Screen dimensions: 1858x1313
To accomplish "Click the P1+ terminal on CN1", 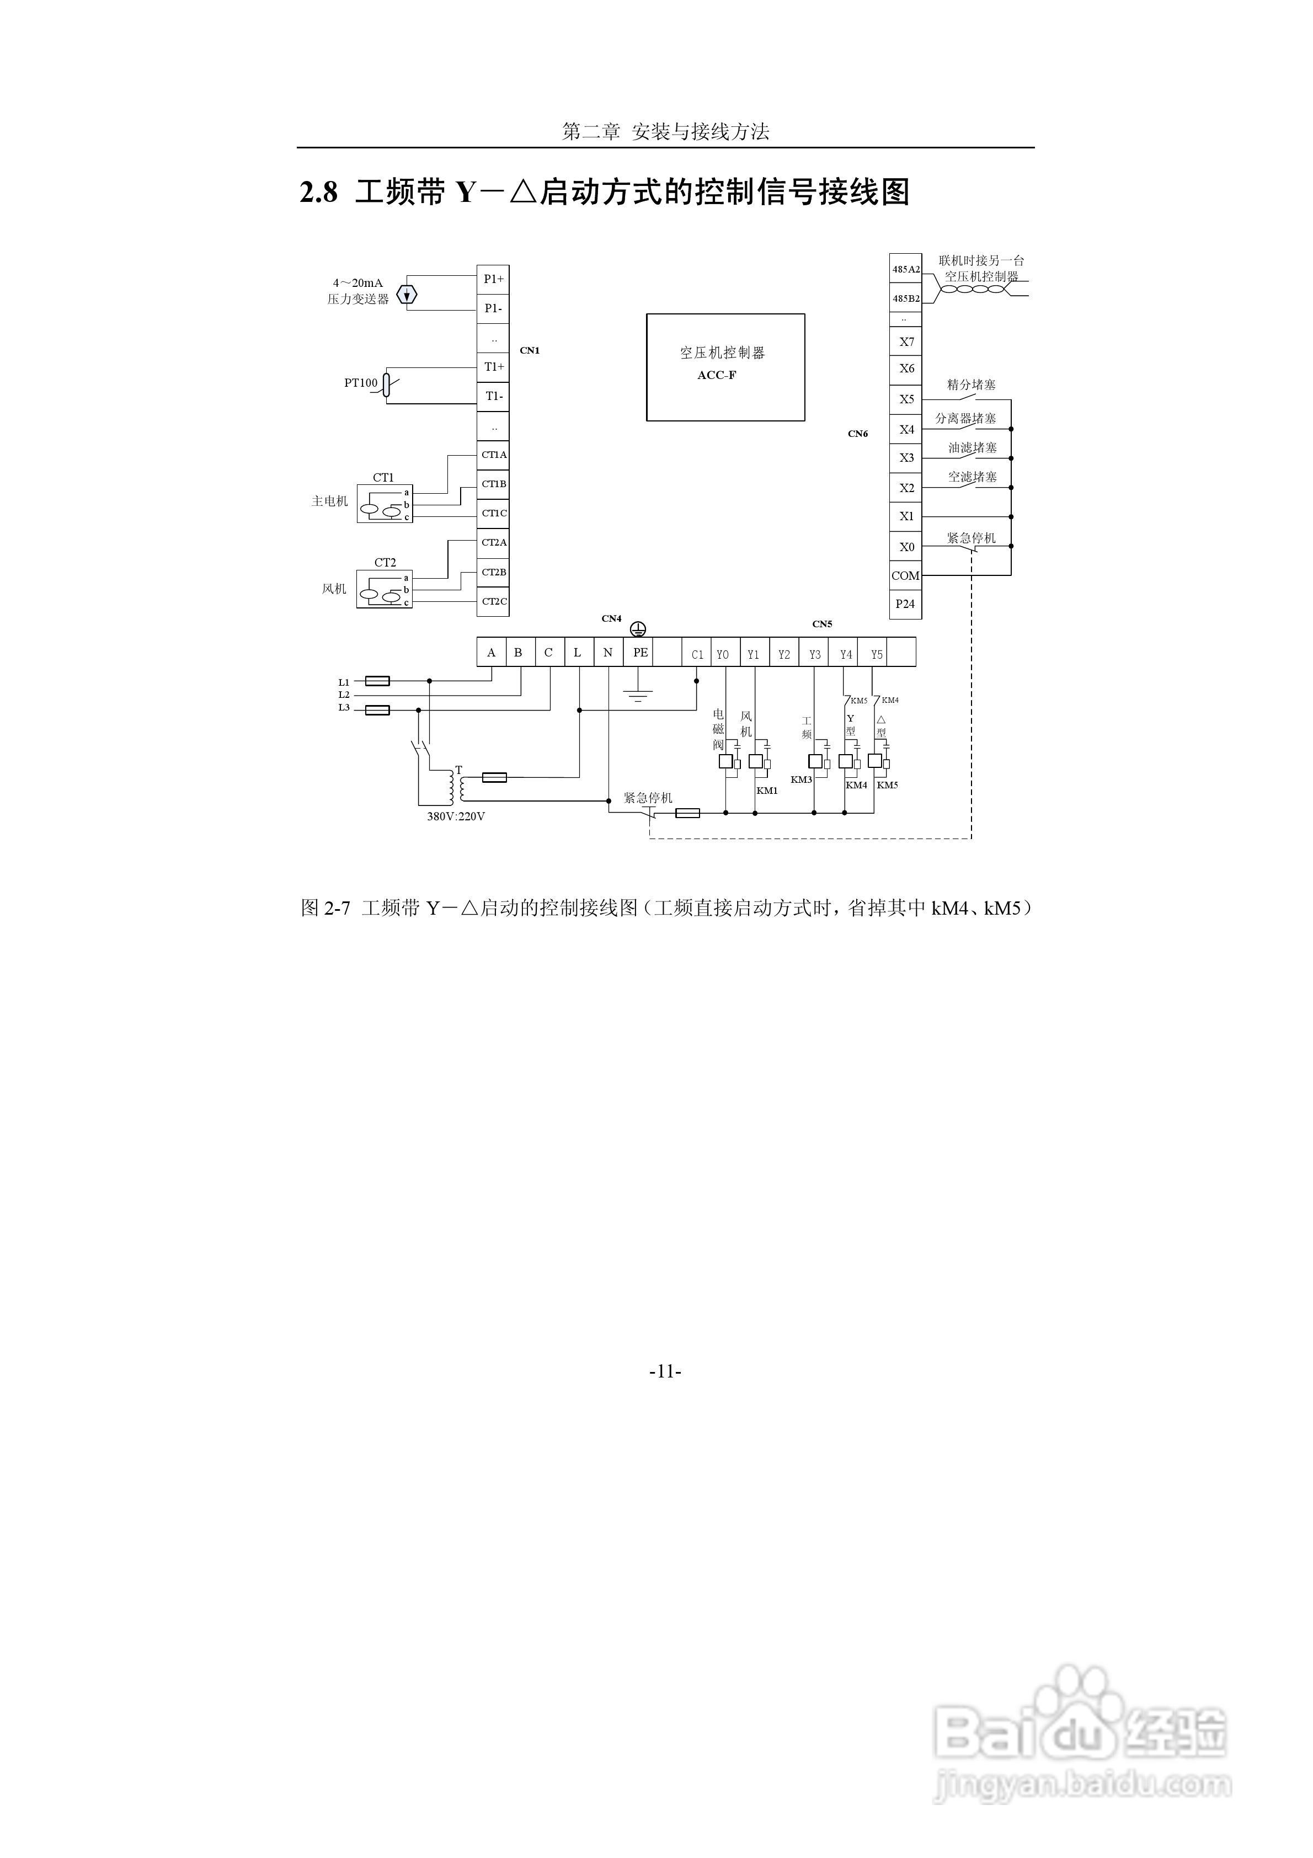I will click(x=493, y=279).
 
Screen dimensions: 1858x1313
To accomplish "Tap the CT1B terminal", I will click(x=493, y=484).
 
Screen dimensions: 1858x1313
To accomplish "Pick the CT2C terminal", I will click(x=493, y=601).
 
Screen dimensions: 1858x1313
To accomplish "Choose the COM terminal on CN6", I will click(x=905, y=575).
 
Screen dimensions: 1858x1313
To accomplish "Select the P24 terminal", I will click(x=905, y=604).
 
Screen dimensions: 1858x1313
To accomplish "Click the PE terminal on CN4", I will click(x=639, y=652).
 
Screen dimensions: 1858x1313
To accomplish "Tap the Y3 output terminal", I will click(x=814, y=654).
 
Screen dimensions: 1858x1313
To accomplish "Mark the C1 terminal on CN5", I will click(x=697, y=654).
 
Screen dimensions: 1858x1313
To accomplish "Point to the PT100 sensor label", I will click(x=360, y=383).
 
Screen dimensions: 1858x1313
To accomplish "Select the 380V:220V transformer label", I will click(x=456, y=816).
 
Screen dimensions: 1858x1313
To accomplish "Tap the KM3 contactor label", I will click(x=800, y=779).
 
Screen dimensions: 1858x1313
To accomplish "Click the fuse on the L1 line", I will click(x=378, y=681).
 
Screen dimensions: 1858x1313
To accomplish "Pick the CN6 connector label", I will click(x=857, y=434).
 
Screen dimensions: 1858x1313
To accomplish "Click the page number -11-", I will click(x=665, y=1371).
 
